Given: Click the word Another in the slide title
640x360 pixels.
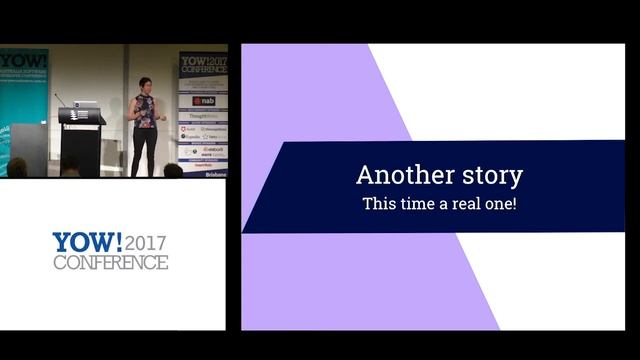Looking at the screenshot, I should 397,175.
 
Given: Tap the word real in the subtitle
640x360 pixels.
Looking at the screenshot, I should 463,203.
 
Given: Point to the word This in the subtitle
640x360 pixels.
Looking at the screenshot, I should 379,203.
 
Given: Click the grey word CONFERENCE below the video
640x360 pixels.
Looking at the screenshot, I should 110,263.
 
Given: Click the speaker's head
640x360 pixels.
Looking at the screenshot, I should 145,84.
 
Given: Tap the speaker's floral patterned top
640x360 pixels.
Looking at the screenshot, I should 145,110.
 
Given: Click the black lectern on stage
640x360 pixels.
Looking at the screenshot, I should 79,145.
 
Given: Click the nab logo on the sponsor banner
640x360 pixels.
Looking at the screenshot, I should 204,101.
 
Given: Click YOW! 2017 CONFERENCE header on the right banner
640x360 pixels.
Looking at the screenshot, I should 203,65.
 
